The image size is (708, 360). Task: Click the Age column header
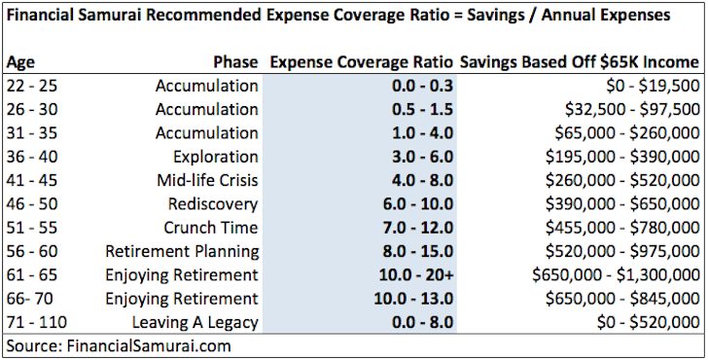click(20, 61)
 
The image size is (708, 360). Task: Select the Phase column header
click(233, 61)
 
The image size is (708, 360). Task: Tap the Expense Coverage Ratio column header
click(361, 61)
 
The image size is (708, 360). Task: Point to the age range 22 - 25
click(32, 86)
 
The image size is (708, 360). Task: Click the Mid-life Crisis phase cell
click(207, 180)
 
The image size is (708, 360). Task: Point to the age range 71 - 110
click(36, 322)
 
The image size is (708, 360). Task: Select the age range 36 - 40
click(32, 157)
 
